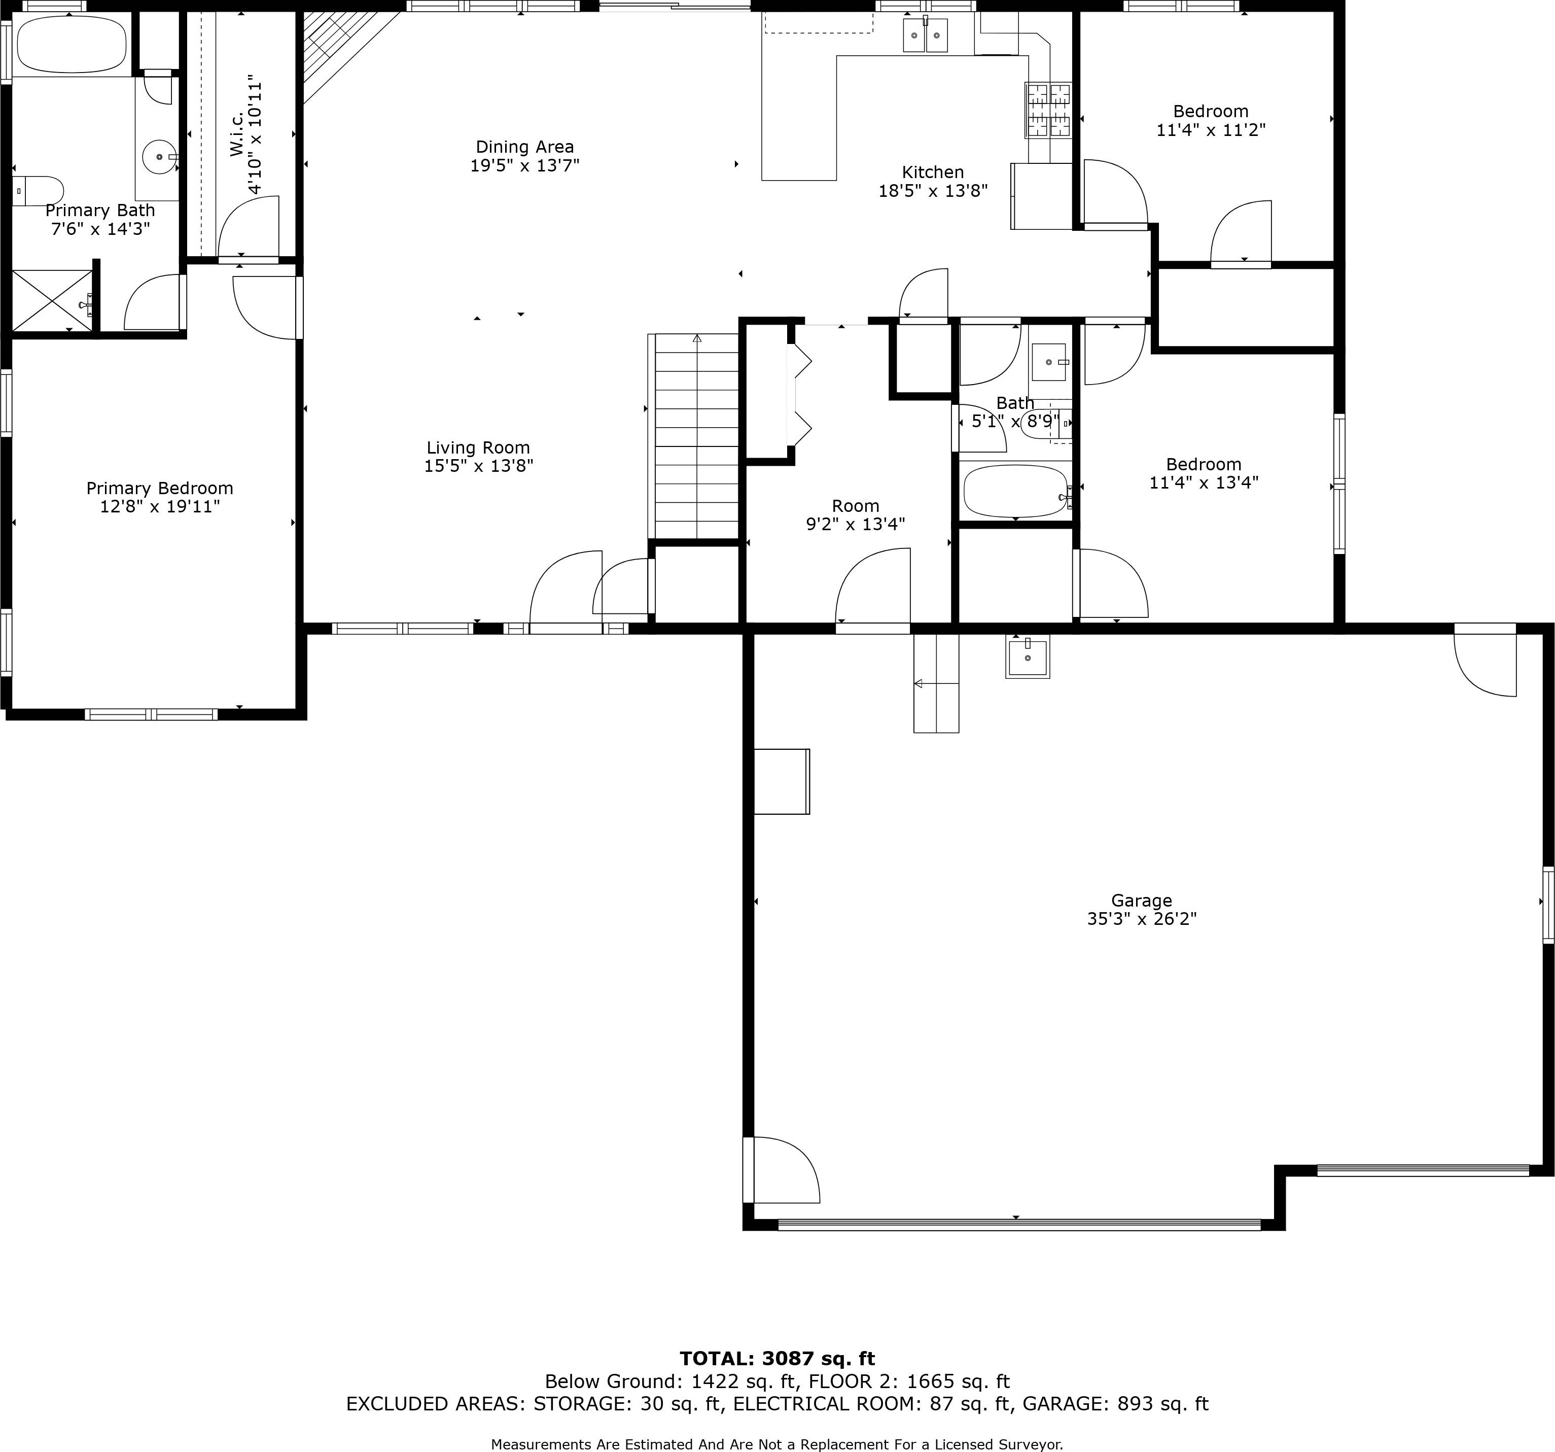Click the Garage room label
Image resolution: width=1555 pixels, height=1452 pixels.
1141,901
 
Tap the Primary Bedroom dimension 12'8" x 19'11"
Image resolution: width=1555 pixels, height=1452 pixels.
160,507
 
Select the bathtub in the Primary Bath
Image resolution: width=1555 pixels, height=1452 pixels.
71,45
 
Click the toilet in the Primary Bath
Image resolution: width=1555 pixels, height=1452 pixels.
39,190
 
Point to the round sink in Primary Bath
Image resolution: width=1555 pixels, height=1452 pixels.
160,157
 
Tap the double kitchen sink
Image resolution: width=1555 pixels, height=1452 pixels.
925,35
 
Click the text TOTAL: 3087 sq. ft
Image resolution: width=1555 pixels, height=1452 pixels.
776,1358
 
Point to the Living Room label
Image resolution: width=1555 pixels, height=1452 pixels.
478,447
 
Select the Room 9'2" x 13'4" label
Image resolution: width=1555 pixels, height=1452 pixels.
855,515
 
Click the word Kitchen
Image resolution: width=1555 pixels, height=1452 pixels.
932,172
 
